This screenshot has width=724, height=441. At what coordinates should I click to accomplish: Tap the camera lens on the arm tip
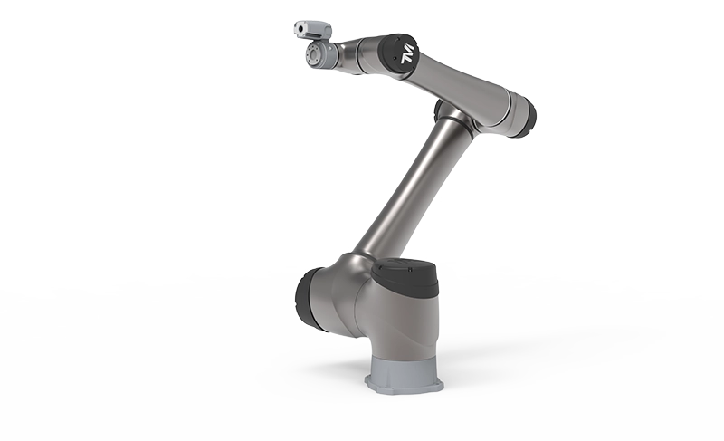pos(300,29)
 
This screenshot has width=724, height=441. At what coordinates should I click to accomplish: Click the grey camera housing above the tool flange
pos(312,30)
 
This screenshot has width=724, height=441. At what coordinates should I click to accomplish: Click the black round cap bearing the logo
pos(398,55)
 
